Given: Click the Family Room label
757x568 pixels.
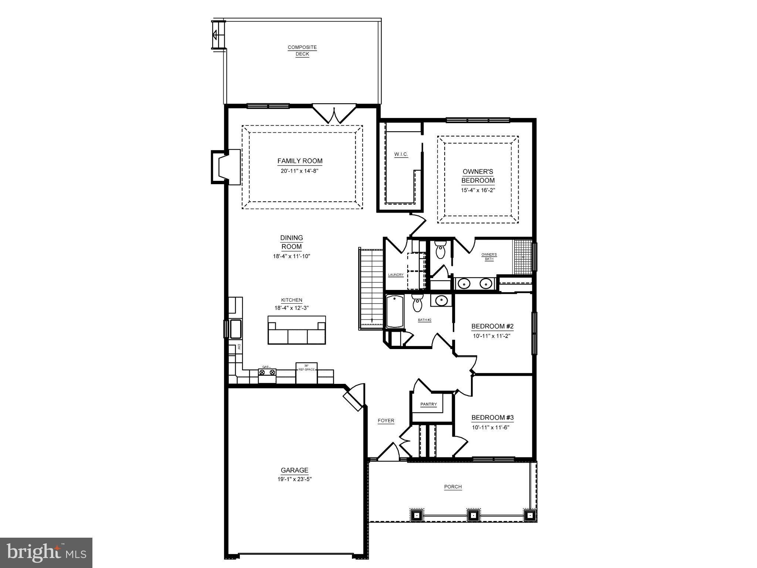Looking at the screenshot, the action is tap(300, 161).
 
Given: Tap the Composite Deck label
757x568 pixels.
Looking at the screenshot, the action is tap(302, 51).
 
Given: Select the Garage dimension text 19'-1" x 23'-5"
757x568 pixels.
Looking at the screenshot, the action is tap(294, 479).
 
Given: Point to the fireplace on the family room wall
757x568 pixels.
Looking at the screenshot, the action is tap(226, 167).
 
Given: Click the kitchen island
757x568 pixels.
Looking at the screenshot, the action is tap(297, 330).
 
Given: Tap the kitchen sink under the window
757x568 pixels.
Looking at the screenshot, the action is tap(235, 329).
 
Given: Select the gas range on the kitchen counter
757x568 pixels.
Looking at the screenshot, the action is tap(267, 372).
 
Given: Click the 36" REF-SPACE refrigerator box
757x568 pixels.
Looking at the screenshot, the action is tap(306, 373).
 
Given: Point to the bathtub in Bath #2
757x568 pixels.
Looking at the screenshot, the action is tap(395, 311).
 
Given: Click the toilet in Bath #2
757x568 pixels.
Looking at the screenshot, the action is tap(417, 304).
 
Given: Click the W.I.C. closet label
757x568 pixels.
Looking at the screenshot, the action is tap(401, 154).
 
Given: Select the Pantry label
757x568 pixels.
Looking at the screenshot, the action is tap(429, 404).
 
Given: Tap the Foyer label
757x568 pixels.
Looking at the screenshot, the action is tap(386, 420).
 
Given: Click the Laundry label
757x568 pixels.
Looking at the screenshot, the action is tap(396, 275).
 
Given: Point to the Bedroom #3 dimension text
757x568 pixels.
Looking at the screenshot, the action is tap(492, 427).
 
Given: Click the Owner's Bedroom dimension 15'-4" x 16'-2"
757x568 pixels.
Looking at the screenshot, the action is tap(478, 190).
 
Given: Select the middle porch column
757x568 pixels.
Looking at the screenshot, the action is tap(473, 515).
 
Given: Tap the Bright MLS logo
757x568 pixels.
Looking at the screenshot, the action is tap(46, 552).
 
